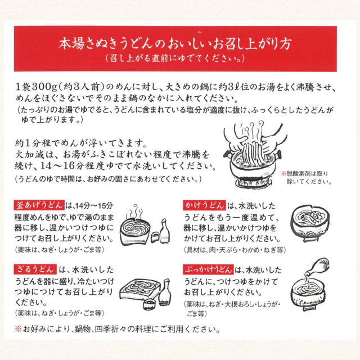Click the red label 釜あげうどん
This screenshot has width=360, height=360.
39,205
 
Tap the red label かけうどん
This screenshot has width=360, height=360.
204,205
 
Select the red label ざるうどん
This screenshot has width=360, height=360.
35,269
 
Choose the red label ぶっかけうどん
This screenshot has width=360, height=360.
208,269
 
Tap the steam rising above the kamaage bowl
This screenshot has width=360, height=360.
136,211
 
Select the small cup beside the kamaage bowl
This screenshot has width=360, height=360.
155,237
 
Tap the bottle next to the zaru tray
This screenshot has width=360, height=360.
164,291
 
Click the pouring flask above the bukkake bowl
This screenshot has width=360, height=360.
318,267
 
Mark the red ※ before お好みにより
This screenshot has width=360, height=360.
18,329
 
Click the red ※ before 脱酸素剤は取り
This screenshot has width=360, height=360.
283,174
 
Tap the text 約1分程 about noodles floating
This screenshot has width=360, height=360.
33,144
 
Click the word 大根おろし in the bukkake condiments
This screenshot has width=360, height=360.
239,304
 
